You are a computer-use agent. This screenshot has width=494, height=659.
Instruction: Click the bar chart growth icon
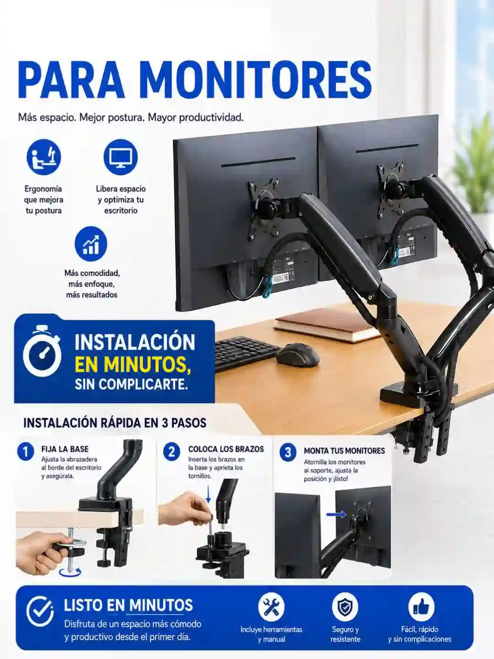(91, 244)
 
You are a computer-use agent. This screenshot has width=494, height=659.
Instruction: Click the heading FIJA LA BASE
(65, 449)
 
